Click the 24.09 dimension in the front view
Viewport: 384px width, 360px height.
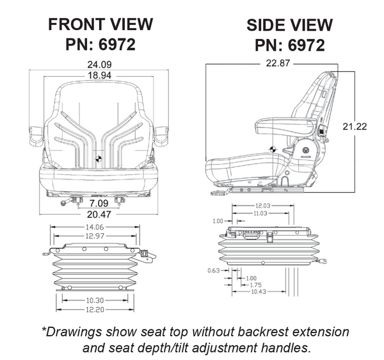pos(98,64)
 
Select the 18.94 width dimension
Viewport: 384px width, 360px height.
pos(98,75)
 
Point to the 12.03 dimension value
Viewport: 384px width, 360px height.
pos(260,206)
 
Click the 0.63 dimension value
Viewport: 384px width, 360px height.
pos(213,271)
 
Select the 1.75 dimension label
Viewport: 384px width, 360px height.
pos(255,284)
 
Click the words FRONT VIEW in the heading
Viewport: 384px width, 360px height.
pos(100,25)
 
